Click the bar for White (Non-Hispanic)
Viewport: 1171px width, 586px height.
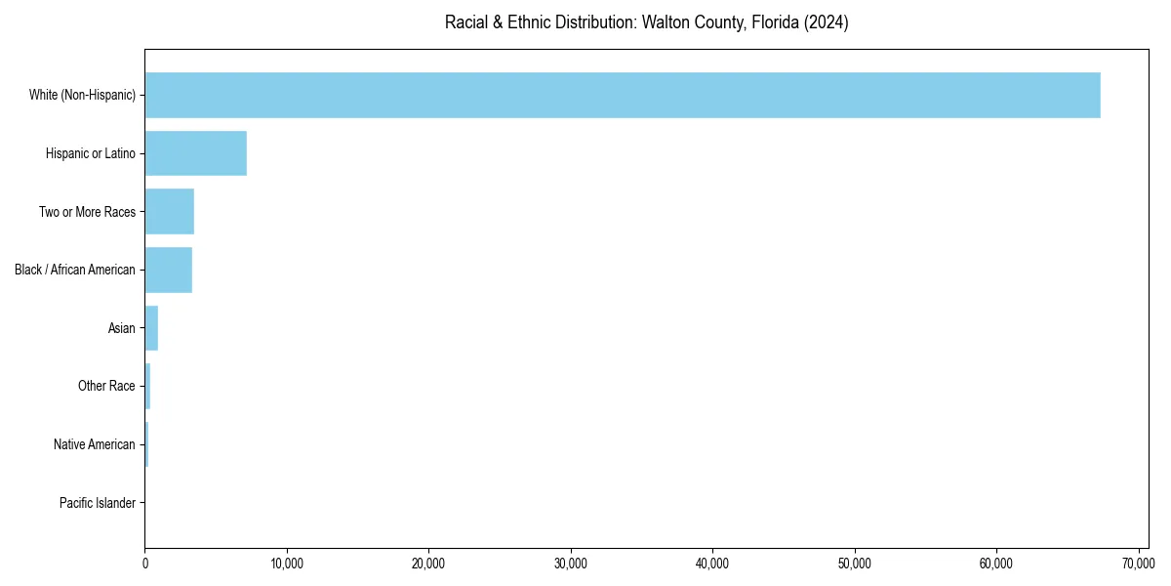coord(623,95)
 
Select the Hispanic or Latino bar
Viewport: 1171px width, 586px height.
coord(195,153)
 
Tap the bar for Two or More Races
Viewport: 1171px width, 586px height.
coord(170,212)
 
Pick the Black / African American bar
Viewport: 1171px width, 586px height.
coord(169,270)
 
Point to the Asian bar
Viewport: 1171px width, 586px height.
coord(151,328)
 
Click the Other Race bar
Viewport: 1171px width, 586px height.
coord(147,386)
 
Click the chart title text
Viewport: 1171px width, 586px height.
coord(646,22)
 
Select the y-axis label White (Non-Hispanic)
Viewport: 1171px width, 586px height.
coord(82,95)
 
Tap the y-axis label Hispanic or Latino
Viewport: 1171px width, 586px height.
coord(91,153)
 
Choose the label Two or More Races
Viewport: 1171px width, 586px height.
coord(87,212)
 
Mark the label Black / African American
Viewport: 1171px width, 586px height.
coord(75,270)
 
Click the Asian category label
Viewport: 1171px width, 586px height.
coord(122,328)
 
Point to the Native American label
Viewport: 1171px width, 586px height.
coord(95,444)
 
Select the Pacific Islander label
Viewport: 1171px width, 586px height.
coord(98,503)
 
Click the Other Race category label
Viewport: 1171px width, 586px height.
coord(106,386)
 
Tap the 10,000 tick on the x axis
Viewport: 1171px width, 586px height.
coord(287,564)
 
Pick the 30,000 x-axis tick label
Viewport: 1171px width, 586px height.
coord(571,564)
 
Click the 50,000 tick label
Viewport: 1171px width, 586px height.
coord(855,564)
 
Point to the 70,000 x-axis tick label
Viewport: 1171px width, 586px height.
coord(1138,564)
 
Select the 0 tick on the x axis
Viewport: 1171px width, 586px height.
coord(145,564)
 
